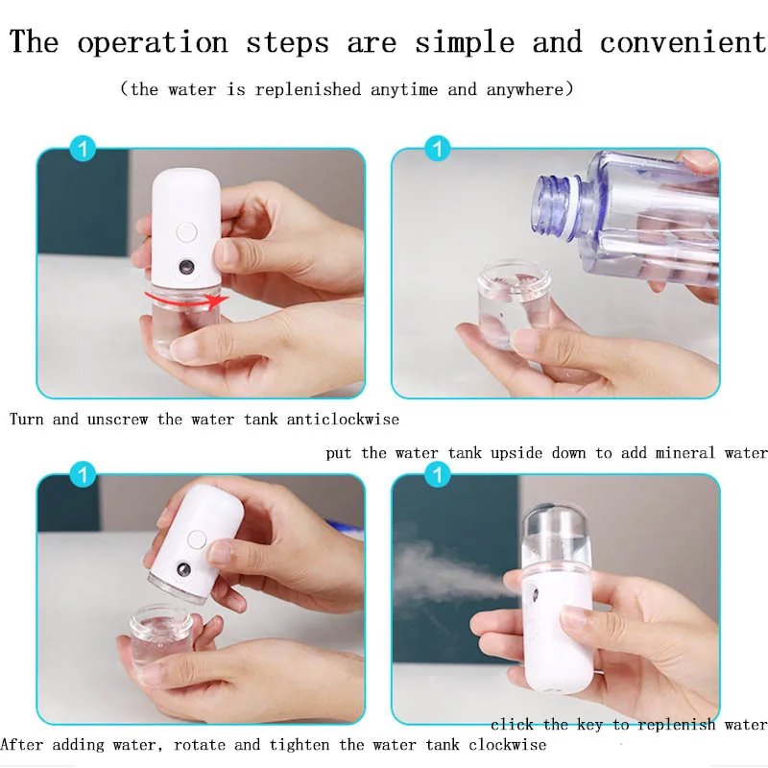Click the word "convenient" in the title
[684, 41]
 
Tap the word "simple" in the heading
[465, 43]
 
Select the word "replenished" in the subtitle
[308, 89]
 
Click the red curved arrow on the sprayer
[187, 300]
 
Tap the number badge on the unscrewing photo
[83, 149]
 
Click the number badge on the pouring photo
[438, 149]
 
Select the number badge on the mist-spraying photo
[438, 474]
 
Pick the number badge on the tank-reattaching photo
[83, 474]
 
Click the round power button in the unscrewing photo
[186, 232]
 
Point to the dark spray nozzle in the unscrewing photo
[186, 268]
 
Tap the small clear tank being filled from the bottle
[513, 303]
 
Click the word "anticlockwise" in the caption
[343, 420]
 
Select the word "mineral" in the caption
[684, 452]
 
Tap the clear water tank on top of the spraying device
[555, 537]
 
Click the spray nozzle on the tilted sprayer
[183, 570]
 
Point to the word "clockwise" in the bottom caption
[507, 745]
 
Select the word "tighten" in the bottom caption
[300, 745]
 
